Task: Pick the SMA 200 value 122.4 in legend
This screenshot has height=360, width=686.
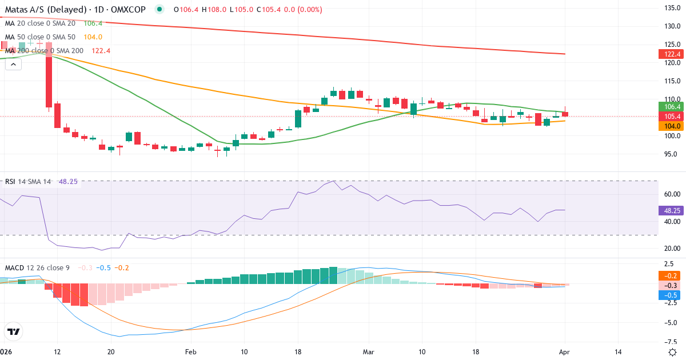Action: pos(101,51)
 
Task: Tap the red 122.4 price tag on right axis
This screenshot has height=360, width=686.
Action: pos(672,54)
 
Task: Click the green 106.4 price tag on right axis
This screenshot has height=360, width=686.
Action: pos(672,106)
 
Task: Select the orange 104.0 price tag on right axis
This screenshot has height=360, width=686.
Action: pos(672,126)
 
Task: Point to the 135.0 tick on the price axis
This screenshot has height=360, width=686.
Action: pos(671,8)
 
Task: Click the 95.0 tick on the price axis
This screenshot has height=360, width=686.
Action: pos(671,154)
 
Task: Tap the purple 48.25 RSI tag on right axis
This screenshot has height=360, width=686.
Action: pos(672,210)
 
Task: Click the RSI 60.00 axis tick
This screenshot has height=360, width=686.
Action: pos(671,194)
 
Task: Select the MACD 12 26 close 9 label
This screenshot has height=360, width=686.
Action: pos(37,268)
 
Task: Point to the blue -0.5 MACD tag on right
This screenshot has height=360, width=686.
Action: pos(672,295)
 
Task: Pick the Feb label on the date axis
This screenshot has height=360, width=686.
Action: pos(190,352)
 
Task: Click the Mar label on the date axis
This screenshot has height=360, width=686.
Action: pos(368,352)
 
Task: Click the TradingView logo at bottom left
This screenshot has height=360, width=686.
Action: pos(14,331)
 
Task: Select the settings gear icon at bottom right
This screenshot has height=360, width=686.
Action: pos(672,352)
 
